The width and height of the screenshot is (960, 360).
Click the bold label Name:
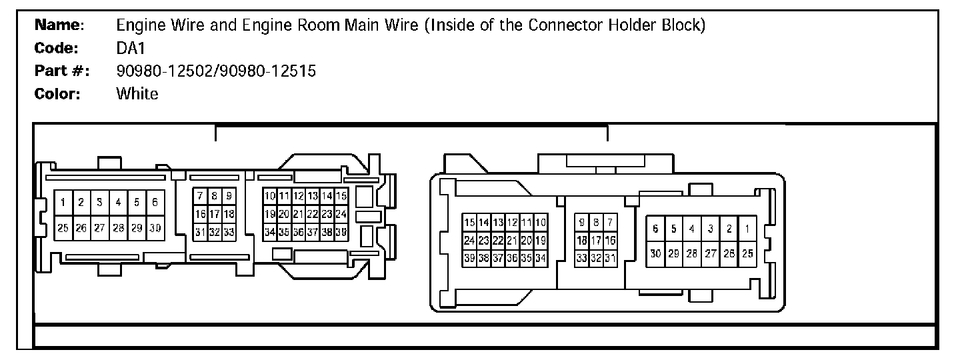59,26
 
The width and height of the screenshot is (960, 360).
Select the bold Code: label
57,49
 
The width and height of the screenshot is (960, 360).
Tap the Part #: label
62,71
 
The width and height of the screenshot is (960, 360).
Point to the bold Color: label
58,94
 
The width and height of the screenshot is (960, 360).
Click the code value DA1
130,49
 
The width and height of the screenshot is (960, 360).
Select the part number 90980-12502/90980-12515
216,71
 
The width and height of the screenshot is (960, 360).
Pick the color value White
137,94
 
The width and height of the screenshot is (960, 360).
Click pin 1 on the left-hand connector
63,202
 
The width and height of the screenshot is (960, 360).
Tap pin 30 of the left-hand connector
155,227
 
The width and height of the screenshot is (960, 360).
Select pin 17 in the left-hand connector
214,214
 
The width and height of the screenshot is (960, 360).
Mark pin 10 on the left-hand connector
269,196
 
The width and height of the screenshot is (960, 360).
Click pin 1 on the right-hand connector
747,229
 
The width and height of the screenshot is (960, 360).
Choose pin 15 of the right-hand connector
469,222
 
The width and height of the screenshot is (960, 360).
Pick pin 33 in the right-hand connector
581,258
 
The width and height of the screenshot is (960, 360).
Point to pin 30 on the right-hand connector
655,254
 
